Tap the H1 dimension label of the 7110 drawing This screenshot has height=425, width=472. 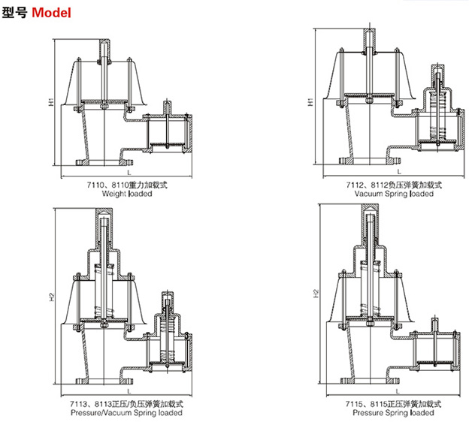point(48,99)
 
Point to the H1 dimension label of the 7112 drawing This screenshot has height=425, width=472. point(311,99)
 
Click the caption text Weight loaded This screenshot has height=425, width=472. point(126,194)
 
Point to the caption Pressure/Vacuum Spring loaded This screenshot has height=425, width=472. point(126,413)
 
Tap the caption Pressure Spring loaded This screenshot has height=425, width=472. point(394,412)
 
